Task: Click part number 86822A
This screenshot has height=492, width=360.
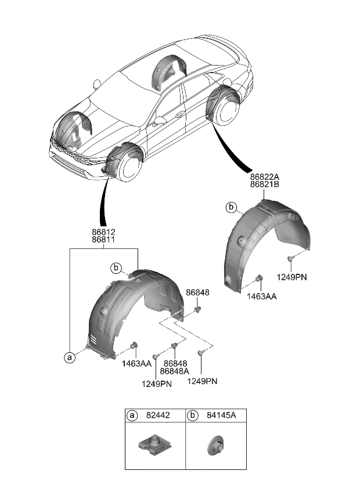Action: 265,176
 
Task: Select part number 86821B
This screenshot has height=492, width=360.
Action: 265,185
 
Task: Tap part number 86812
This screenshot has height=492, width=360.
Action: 103,232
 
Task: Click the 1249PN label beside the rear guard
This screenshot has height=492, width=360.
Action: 292,277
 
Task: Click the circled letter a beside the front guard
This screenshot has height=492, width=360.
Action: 70,358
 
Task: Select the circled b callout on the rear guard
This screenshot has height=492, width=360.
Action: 231,207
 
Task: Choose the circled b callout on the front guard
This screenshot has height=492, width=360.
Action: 117,267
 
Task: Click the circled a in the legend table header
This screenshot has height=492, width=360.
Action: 133,416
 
